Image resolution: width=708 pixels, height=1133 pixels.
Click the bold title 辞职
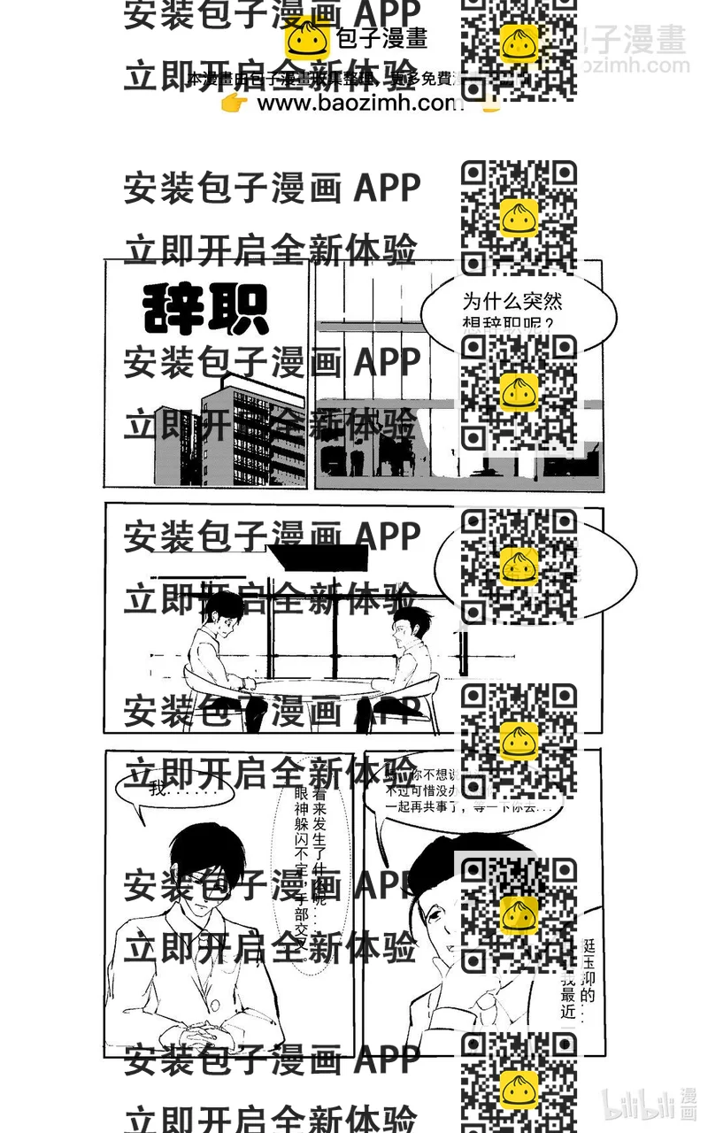click(205, 309)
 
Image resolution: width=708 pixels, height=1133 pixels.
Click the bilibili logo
click(650, 1102)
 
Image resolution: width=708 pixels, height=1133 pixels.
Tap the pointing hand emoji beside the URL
click(235, 104)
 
